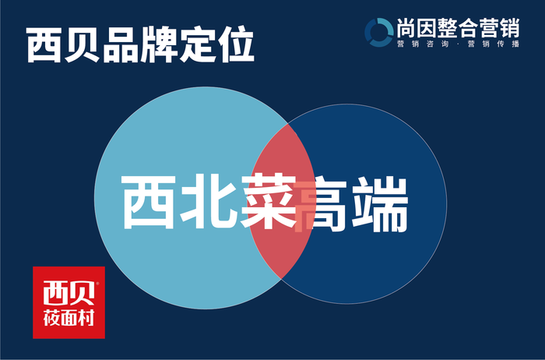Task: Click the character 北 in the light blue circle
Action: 209,202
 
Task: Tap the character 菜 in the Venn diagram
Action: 269,202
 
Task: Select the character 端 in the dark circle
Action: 380,204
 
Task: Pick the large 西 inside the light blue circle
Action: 149,202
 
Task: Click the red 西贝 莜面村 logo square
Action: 69,302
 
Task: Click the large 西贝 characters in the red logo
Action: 69,293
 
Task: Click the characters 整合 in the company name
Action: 458,28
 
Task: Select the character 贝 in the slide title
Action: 83,45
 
